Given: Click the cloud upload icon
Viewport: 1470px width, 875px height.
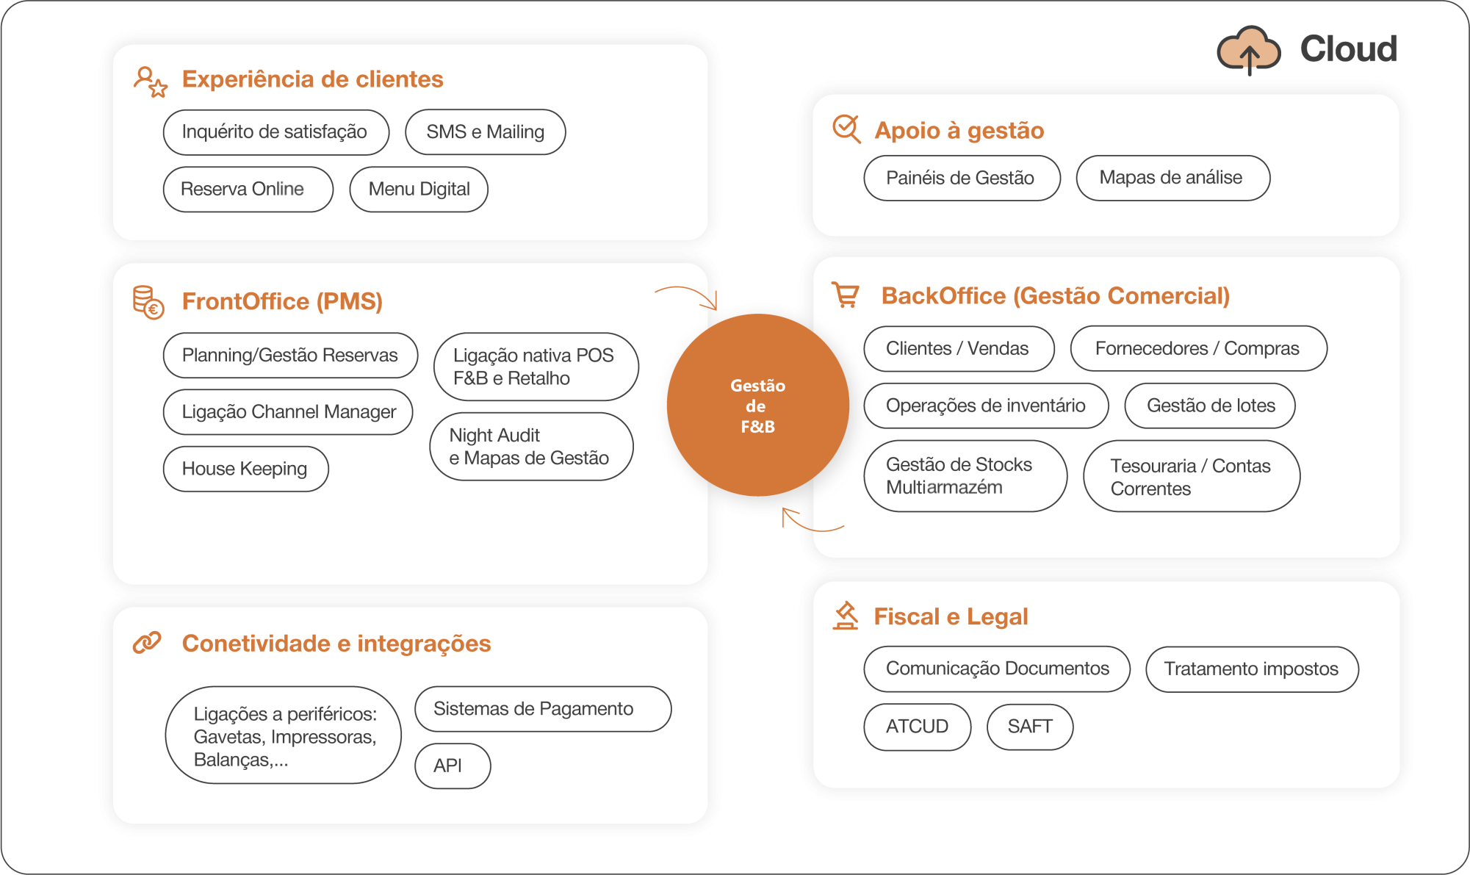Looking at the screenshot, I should point(1248,50).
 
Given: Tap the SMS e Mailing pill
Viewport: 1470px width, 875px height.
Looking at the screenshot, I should point(485,132).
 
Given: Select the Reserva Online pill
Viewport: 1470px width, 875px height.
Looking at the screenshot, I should point(248,190).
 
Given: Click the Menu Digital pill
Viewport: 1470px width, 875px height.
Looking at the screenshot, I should point(419,190).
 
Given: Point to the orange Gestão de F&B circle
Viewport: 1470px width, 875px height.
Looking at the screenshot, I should point(757,406).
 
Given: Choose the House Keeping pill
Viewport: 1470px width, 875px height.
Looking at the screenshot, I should point(245,469).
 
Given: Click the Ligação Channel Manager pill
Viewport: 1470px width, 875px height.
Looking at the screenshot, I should point(288,412).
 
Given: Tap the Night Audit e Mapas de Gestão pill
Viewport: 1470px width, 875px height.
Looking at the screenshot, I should point(531,447).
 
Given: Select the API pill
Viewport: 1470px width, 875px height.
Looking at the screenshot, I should point(452,766).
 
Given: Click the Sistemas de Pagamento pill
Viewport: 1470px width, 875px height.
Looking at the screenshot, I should point(542,709).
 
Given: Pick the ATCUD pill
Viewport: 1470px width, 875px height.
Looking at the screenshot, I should point(917,727).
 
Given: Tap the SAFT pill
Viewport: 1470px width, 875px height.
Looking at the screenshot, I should point(1029,727).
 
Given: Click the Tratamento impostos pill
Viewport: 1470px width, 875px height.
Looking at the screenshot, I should point(1251,669).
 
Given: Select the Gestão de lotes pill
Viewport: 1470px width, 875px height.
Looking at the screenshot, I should point(1209,406).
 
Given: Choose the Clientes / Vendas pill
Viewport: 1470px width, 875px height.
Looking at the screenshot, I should point(958,349).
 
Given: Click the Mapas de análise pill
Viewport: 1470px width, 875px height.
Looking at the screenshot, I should point(1172,178).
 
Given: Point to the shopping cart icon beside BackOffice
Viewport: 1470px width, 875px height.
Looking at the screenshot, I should point(846,295).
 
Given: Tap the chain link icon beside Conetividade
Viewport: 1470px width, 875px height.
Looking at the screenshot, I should point(147,643).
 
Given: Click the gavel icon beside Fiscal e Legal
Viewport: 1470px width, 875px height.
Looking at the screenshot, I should point(846,616).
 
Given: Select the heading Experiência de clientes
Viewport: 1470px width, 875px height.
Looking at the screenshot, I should point(312,79).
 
